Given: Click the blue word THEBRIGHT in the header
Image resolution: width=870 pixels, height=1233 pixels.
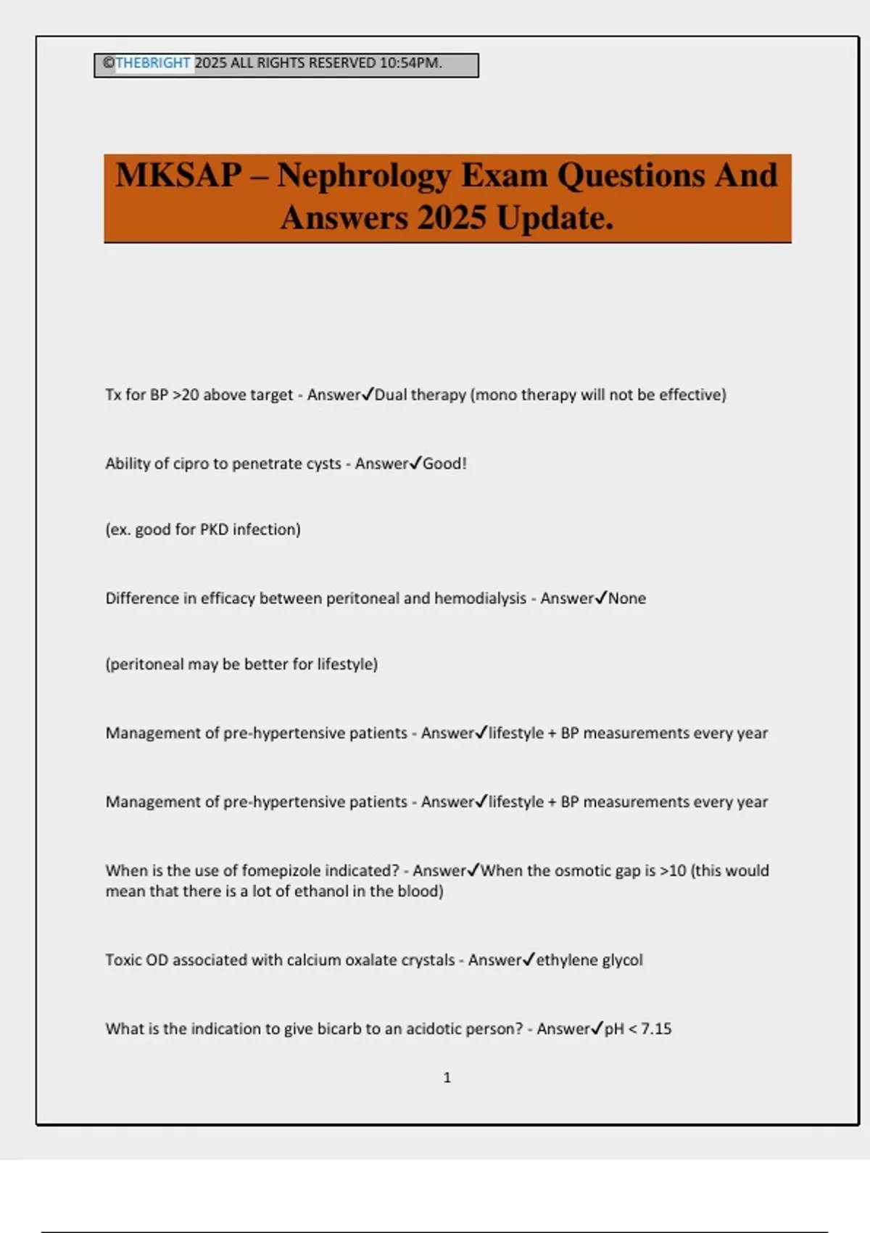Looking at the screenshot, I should (153, 63).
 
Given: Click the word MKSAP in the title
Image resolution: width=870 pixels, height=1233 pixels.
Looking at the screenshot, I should (179, 176).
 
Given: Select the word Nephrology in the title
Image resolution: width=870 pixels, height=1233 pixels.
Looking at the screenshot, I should (363, 176).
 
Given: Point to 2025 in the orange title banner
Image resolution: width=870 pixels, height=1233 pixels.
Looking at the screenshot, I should (452, 218).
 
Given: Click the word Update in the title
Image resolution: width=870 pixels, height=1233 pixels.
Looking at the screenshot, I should (555, 218).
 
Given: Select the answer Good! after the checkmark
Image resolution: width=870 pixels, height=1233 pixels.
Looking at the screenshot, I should (444, 464).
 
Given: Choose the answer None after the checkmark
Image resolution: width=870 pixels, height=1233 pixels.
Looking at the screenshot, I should (627, 599).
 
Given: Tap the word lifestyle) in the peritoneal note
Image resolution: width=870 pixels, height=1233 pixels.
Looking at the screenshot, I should (347, 664).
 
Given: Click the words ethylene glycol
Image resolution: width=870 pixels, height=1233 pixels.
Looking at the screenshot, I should (589, 960).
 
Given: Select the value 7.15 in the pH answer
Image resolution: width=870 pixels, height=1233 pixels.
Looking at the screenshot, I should (656, 1029).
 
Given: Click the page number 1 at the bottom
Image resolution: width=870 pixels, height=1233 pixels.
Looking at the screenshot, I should (447, 1078).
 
